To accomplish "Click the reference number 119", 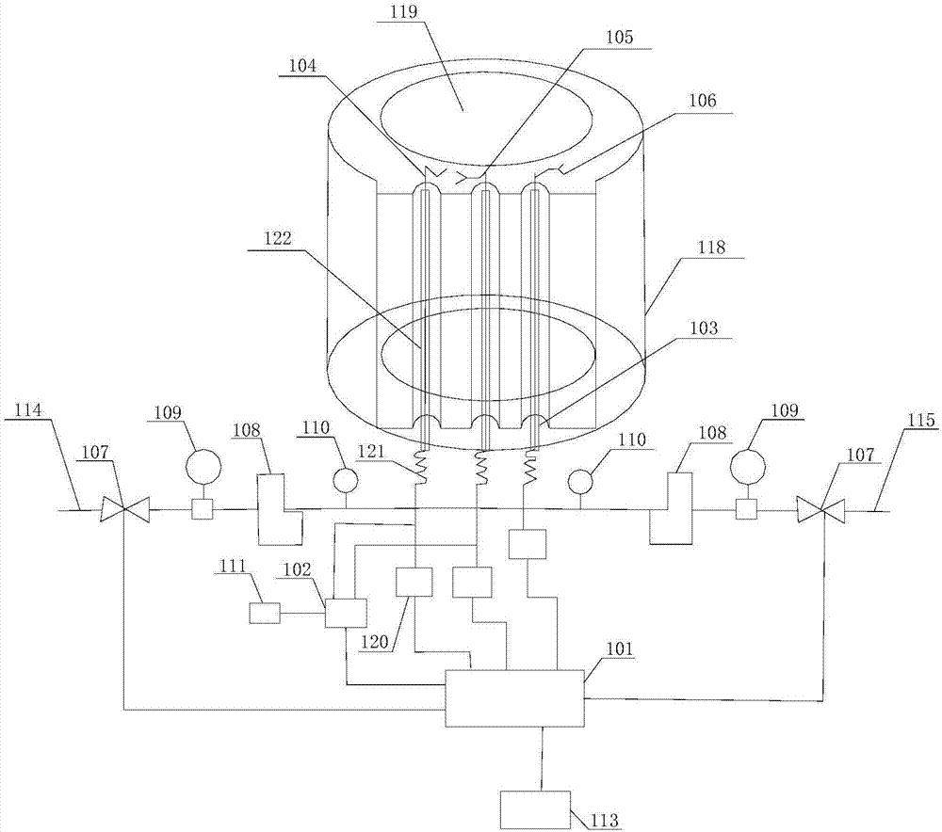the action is click(404, 12).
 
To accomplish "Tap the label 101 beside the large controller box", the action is click(619, 648).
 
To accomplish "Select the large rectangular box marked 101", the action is click(514, 698).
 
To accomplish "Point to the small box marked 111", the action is click(265, 614).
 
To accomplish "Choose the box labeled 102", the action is click(346, 613).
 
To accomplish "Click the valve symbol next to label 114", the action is click(124, 509).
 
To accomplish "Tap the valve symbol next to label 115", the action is click(820, 509).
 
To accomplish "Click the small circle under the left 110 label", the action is click(346, 480).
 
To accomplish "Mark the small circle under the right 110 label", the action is click(580, 482).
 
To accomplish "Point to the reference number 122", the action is click(278, 239).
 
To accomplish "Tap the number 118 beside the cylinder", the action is click(711, 247).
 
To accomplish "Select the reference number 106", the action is click(703, 100).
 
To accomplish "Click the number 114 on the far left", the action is click(28, 410).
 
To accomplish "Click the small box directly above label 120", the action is click(414, 582).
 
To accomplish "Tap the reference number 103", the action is click(703, 328).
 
